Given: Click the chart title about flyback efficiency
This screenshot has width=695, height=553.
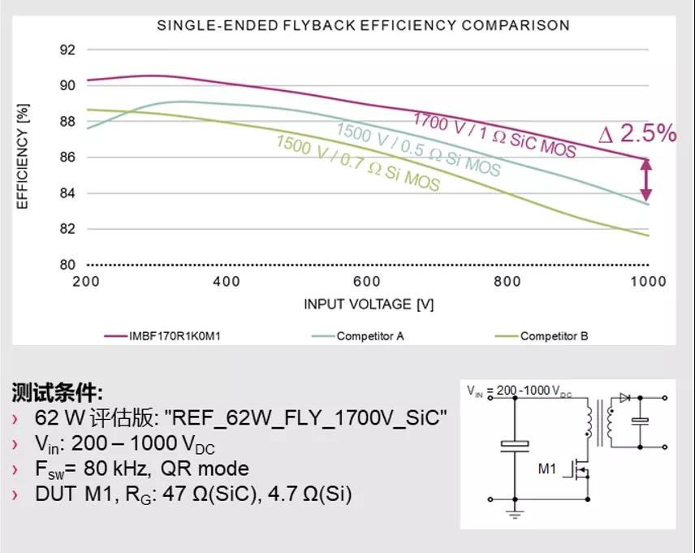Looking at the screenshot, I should click(x=363, y=25).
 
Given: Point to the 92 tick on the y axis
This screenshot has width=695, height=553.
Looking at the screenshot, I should click(x=67, y=50).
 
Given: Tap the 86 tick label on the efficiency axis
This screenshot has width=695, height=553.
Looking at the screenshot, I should click(x=67, y=157).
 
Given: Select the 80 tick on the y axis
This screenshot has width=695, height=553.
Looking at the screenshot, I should click(x=67, y=265).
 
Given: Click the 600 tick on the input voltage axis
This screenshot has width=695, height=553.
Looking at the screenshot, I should click(x=367, y=282).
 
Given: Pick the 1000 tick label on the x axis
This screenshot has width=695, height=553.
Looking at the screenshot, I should click(x=647, y=282).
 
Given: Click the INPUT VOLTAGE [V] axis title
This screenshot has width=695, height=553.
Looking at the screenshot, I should click(x=369, y=305).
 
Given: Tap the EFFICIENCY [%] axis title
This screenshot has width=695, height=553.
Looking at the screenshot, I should click(x=23, y=156).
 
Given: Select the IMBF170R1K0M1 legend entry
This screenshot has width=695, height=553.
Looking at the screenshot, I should click(x=173, y=335).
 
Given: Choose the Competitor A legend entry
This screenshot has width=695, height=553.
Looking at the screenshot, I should click(x=369, y=335).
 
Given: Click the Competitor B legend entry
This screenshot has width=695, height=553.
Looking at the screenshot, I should click(x=554, y=335).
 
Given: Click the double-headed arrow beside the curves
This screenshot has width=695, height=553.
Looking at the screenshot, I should click(x=646, y=179).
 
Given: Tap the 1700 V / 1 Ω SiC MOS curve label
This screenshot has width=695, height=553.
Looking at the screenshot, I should click(x=494, y=135).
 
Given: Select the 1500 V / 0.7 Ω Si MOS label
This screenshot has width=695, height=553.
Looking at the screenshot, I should click(x=358, y=163).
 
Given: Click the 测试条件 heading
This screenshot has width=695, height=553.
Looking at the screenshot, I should click(x=57, y=394).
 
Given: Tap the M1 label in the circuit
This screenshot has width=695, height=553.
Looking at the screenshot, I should click(x=547, y=469).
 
